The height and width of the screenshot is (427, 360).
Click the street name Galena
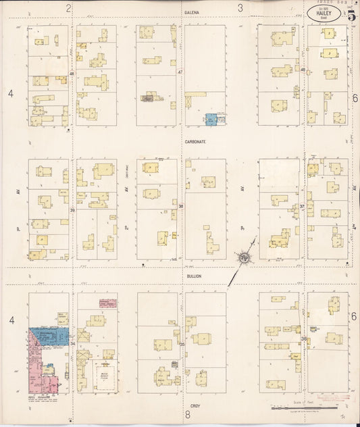pyautogui.click(x=192, y=12)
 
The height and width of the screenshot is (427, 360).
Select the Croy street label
pyautogui.click(x=195, y=405)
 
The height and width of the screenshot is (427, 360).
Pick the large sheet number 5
pyautogui.click(x=352, y=16)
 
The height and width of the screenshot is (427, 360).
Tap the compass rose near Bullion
pyautogui.click(x=244, y=257)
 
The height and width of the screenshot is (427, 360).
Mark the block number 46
pyautogui.click(x=72, y=73)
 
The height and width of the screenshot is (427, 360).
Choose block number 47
pyautogui.click(x=180, y=72)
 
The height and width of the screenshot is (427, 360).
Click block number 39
pyautogui.click(x=72, y=210)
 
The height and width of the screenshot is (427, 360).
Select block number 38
pyautogui.click(x=180, y=206)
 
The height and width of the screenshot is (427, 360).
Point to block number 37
pyautogui.click(x=302, y=206)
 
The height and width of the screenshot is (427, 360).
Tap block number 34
pyautogui.click(x=72, y=344)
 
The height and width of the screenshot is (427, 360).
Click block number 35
pyautogui.click(x=181, y=344)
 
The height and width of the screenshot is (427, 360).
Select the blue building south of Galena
pyautogui.click(x=211, y=120)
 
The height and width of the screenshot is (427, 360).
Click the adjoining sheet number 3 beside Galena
pyautogui.click(x=240, y=8)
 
